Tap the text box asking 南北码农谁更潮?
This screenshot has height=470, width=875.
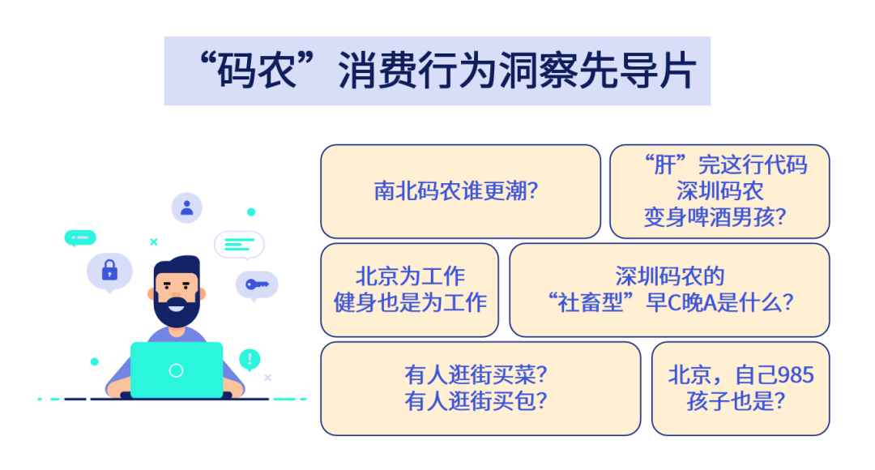pyautogui.click(x=460, y=191)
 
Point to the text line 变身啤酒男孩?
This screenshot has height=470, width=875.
pyautogui.click(x=719, y=217)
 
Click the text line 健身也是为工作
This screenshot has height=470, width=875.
pyautogui.click(x=410, y=302)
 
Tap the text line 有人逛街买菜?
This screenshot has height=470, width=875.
pyautogui.click(x=476, y=374)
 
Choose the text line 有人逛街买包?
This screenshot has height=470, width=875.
pyautogui.click(x=476, y=400)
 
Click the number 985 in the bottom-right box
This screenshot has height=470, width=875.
pyautogui.click(x=795, y=374)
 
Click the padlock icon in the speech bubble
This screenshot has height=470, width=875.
pyautogui.click(x=109, y=271)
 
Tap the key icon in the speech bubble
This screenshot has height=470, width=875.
pyautogui.click(x=257, y=284)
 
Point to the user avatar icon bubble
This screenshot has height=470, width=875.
pyautogui.click(x=187, y=207)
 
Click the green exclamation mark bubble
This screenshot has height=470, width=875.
pyautogui.click(x=250, y=359)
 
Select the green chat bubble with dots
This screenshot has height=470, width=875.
pyautogui.click(x=80, y=237)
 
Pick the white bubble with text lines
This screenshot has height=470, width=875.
pyautogui.click(x=239, y=243)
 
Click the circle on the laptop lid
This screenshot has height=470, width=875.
pyautogui.click(x=177, y=370)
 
